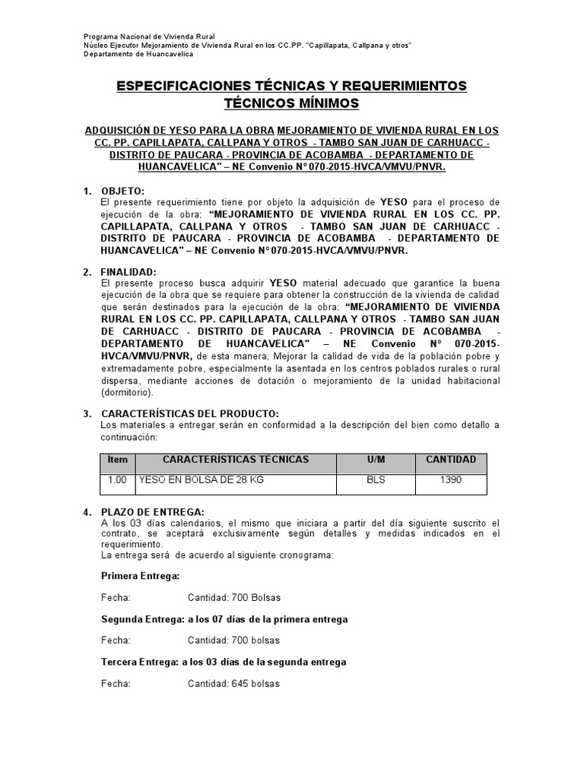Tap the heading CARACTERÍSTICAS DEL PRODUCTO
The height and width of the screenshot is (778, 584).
(x=184, y=413)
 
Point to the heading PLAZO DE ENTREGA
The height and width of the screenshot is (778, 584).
(x=152, y=512)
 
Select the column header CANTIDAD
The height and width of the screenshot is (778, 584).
(x=451, y=460)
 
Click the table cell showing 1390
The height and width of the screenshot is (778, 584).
(x=451, y=481)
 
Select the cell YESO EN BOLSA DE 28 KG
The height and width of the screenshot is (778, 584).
(x=200, y=481)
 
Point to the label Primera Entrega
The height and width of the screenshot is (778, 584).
(x=141, y=576)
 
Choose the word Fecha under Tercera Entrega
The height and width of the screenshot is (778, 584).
(x=116, y=683)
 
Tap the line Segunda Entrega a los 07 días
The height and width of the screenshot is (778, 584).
(x=224, y=619)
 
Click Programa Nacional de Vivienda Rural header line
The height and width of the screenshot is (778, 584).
(x=149, y=36)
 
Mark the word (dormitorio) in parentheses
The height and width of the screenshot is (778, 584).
(x=127, y=393)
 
